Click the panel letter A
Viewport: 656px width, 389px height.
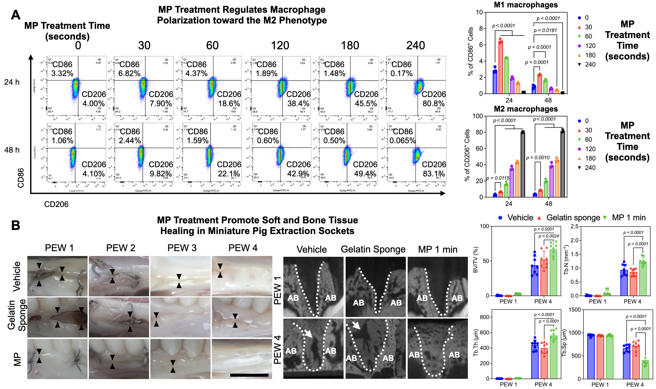point(16,15)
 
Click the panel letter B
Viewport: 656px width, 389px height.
point(16,225)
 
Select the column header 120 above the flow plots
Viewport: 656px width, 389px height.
point(280,46)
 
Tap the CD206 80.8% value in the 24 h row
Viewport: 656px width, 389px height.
point(433,104)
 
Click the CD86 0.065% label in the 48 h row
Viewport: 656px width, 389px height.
point(402,141)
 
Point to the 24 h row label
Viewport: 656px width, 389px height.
point(12,82)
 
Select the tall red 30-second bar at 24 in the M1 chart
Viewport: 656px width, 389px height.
point(501,67)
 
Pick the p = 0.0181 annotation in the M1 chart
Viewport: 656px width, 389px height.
point(545,30)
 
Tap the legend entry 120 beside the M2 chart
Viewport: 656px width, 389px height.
point(590,149)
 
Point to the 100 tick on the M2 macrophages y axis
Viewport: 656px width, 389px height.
point(477,116)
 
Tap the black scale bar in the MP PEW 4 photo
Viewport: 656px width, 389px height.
point(249,375)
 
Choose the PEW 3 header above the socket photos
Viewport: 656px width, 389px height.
point(182,248)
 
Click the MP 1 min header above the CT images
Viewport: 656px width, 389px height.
point(438,250)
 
